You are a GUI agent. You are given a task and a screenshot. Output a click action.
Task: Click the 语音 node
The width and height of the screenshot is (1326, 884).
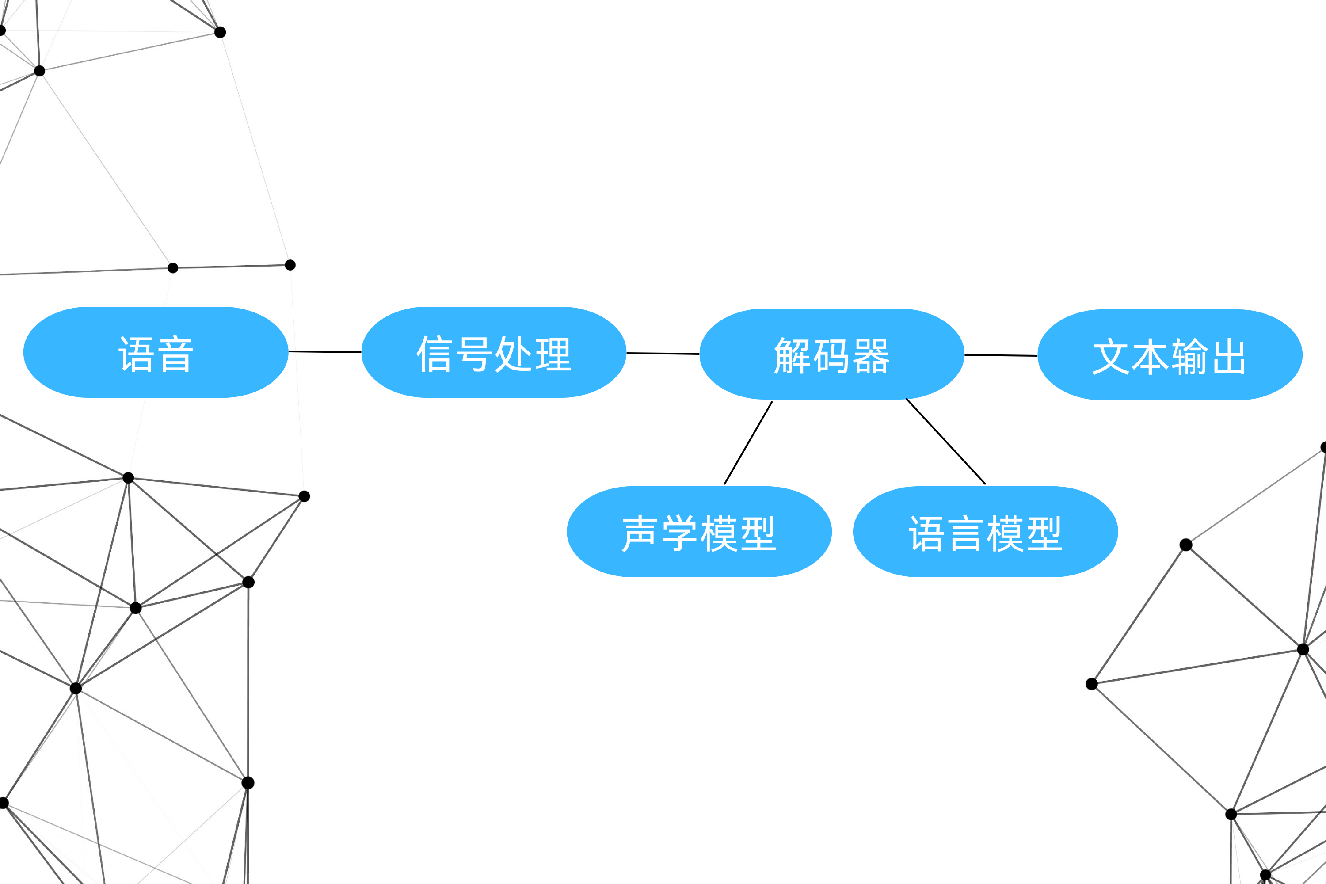[x=156, y=352]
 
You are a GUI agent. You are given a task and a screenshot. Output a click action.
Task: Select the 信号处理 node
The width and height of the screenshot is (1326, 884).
[x=494, y=352]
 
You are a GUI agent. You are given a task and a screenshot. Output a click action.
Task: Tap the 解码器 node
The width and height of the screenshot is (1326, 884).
[x=831, y=354]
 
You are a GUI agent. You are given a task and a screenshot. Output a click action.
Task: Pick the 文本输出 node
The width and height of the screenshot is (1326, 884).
[x=1170, y=355]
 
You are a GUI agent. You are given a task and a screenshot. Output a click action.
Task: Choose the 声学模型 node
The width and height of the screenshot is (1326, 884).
[x=699, y=532]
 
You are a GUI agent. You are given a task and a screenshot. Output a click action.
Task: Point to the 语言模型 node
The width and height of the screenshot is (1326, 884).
[x=986, y=532]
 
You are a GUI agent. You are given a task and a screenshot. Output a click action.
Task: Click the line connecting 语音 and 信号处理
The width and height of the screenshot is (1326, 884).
[x=325, y=352]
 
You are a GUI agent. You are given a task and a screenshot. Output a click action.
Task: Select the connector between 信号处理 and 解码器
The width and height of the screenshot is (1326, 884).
[x=663, y=354]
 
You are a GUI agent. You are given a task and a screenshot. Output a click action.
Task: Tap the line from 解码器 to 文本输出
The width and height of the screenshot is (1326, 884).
[x=1001, y=355]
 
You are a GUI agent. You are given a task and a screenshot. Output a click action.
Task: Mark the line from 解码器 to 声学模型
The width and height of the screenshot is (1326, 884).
[x=748, y=442]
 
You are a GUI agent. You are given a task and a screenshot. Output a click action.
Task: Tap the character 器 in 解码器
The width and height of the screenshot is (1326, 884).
[x=871, y=356]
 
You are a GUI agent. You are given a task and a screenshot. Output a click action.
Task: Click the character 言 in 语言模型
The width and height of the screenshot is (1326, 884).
[x=966, y=533]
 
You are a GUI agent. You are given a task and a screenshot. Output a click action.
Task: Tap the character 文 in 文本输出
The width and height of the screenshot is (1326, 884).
[x=1111, y=357]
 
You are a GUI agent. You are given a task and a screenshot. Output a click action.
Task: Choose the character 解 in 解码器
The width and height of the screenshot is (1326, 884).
[x=792, y=356]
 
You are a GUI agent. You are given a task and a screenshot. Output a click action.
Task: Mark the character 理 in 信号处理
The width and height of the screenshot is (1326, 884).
[x=553, y=354]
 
